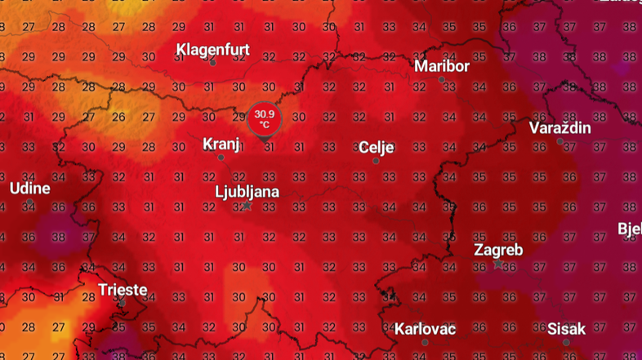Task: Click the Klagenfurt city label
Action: point(212,49)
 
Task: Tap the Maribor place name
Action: point(442,65)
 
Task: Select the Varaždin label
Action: point(560,127)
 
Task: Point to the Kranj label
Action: point(221,144)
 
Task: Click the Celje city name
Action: point(377,147)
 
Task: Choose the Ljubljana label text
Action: point(247,192)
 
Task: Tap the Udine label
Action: point(29,188)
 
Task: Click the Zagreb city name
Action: point(498,249)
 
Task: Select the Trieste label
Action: point(123,289)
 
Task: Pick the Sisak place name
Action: point(566,329)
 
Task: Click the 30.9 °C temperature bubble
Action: point(265,119)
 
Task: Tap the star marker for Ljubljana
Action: point(247,206)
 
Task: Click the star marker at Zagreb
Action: point(498,264)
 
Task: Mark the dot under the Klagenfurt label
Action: point(212,63)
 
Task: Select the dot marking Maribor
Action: point(442,79)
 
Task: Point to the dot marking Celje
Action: point(376,161)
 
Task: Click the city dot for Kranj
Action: point(221,158)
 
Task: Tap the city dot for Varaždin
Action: point(560,141)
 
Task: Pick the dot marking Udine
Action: point(29,202)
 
